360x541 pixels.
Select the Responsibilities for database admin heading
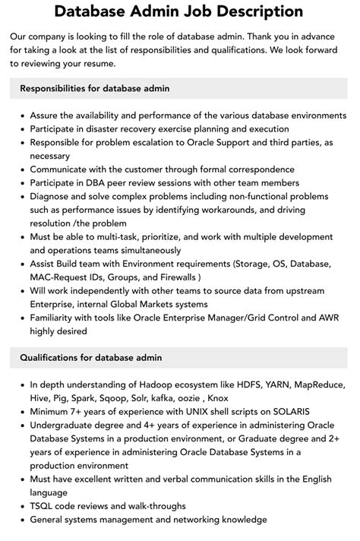(x=95, y=89)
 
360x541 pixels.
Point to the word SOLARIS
(x=266, y=411)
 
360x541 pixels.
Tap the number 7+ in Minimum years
(x=82, y=411)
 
